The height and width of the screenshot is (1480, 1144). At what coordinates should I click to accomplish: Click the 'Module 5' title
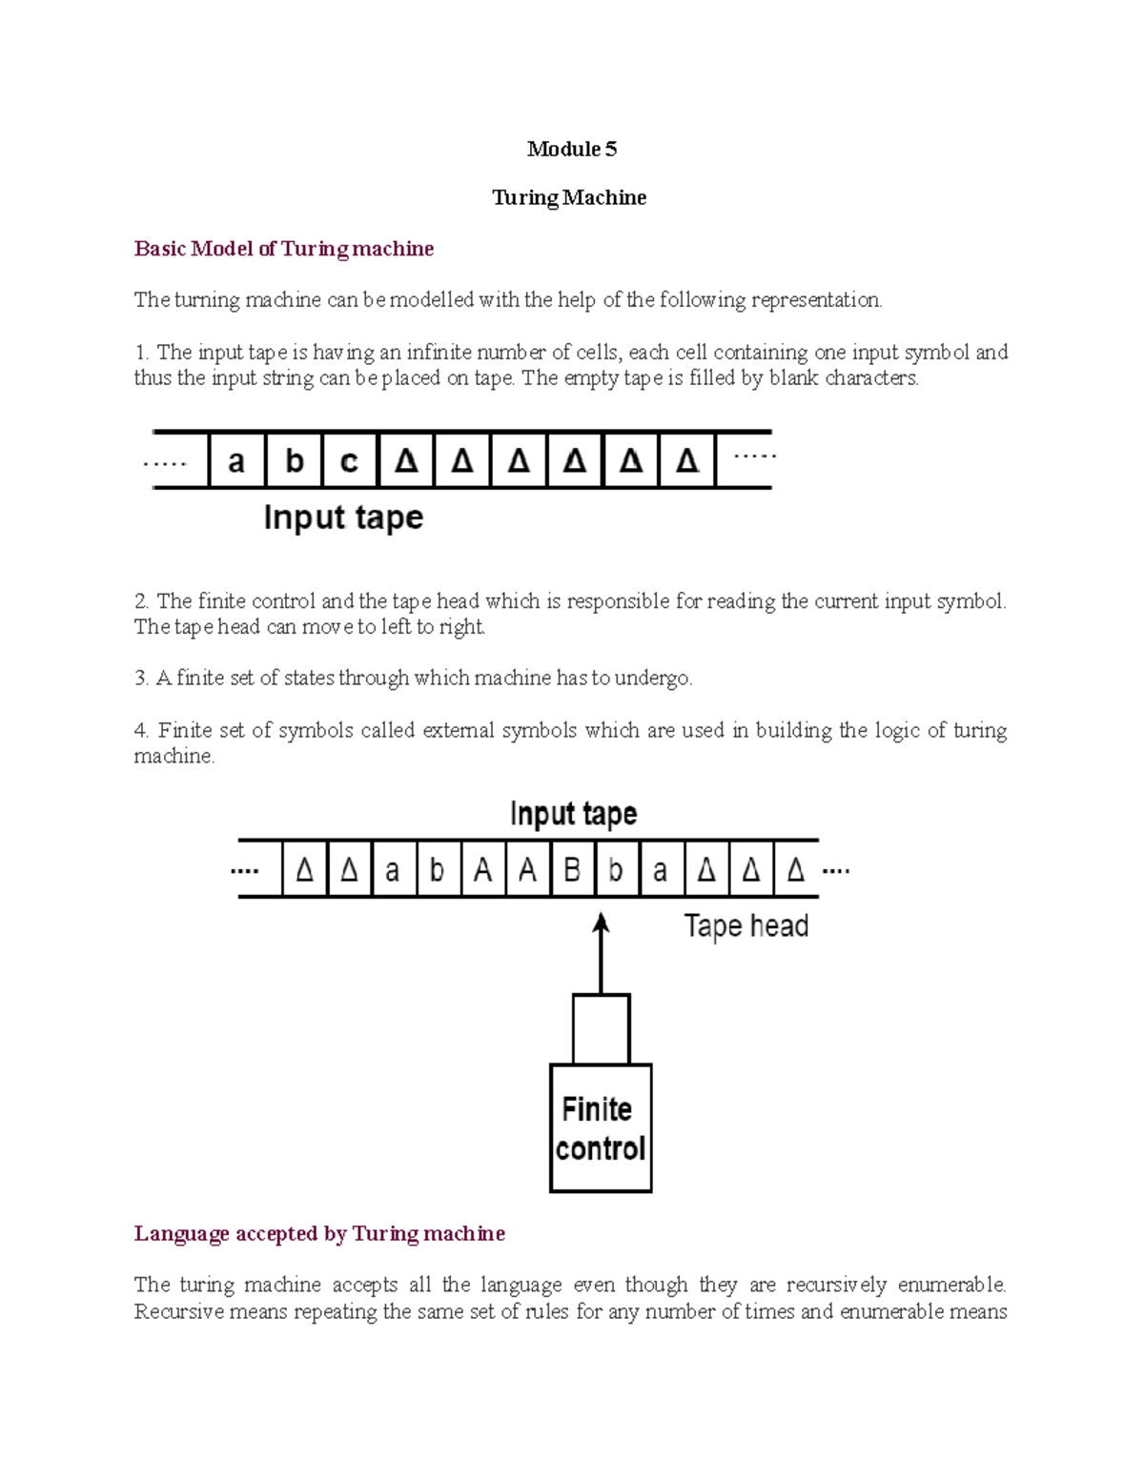[x=571, y=149]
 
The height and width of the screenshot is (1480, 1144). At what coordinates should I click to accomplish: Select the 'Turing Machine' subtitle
[x=569, y=197]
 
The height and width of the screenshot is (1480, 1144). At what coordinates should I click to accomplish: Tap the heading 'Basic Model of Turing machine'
[x=283, y=249]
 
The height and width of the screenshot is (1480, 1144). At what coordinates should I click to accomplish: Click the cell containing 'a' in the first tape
[x=236, y=461]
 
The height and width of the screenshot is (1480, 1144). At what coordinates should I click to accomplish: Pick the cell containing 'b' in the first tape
[x=294, y=461]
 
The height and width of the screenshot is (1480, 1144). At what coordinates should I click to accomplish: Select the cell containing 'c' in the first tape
[x=349, y=461]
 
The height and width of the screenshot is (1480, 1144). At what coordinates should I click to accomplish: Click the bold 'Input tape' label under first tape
[x=343, y=517]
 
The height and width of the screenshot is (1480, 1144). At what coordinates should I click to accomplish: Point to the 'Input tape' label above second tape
[x=573, y=814]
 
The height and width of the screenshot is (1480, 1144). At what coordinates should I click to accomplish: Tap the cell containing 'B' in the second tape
[x=572, y=870]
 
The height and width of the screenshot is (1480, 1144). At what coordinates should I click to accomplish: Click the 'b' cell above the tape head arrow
[x=617, y=870]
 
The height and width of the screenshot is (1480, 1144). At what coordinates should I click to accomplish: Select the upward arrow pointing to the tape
[x=601, y=953]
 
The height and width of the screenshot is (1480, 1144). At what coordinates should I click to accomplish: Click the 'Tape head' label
[x=746, y=926]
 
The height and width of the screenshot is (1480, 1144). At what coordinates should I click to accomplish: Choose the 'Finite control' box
[x=601, y=1129]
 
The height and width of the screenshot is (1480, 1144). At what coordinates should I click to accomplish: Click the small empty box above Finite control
[x=601, y=1029]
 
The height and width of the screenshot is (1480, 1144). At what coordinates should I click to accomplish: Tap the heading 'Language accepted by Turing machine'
[x=319, y=1234]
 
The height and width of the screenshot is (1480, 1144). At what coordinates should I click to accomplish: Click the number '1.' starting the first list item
[x=141, y=353]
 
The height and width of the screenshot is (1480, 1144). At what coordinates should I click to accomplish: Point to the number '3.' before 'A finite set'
[x=141, y=679]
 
